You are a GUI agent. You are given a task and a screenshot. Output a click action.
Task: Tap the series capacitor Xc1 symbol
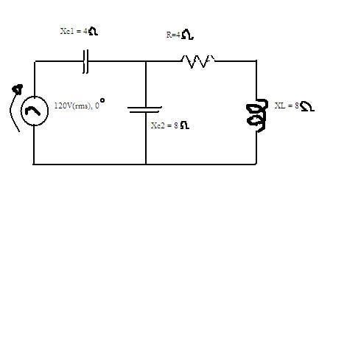(x=85, y=61)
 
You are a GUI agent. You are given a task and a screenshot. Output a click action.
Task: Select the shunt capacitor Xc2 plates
(x=144, y=109)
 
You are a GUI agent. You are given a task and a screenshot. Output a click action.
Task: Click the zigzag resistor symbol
(x=198, y=61)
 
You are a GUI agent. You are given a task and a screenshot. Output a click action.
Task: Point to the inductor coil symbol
(x=257, y=116)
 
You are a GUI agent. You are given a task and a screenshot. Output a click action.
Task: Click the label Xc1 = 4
(x=74, y=31)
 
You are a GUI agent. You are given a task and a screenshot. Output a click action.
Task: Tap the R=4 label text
(x=173, y=35)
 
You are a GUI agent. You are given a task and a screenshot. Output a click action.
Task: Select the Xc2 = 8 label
(x=164, y=125)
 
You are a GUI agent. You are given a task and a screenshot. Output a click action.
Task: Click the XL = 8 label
(x=287, y=105)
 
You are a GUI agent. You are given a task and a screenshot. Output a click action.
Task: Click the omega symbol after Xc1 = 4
(x=93, y=31)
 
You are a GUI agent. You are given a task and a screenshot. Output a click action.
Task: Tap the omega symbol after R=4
(x=188, y=35)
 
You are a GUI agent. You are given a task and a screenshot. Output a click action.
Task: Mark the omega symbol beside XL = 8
(x=307, y=106)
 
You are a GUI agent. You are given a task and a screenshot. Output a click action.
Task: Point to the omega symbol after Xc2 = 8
(x=185, y=125)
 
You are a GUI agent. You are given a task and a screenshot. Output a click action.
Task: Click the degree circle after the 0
(x=102, y=100)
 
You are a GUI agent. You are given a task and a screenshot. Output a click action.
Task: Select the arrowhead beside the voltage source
(x=18, y=89)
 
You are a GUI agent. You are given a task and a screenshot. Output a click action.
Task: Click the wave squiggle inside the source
(x=33, y=111)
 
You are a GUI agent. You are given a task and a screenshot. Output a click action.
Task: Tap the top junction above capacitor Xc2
(x=146, y=61)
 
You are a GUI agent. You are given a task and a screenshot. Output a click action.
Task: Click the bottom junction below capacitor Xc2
(x=146, y=164)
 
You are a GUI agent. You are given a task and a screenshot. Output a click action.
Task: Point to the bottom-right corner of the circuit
(x=256, y=164)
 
